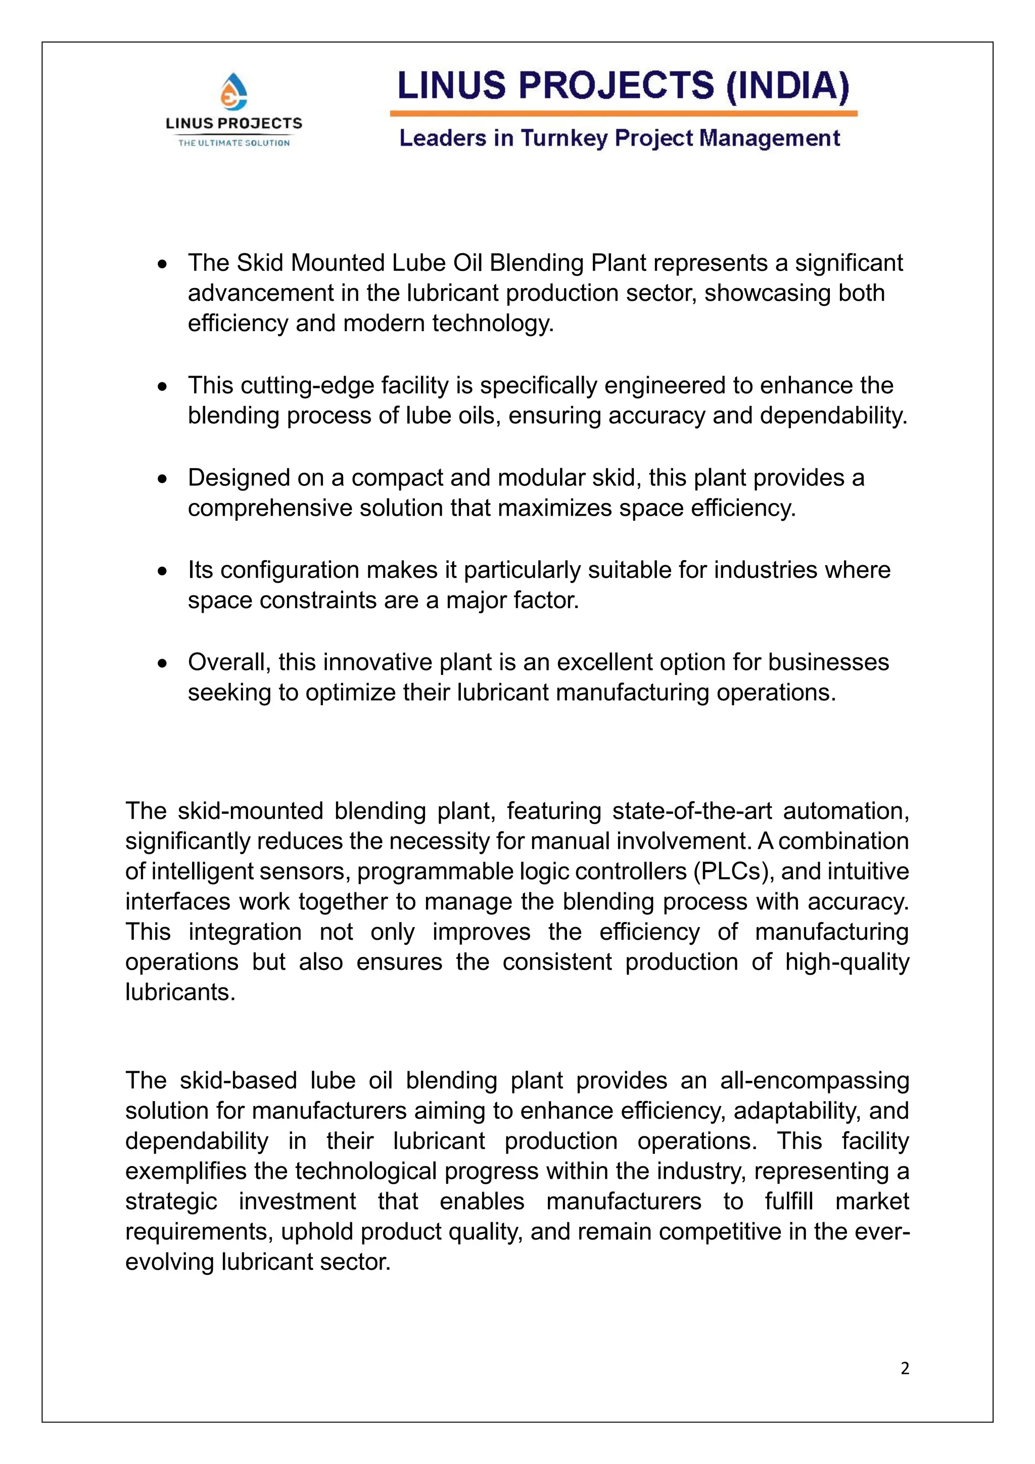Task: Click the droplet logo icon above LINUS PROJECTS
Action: point(234,90)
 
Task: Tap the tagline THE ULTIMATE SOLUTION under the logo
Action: point(234,143)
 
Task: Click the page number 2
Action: point(904,1368)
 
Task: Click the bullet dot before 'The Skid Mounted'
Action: point(163,264)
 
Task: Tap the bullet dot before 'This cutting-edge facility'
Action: point(163,386)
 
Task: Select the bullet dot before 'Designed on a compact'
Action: point(163,479)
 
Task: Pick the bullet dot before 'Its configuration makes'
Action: point(163,571)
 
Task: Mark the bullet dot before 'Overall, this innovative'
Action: point(163,664)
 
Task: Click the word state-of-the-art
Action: point(691,811)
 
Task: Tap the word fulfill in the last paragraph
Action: point(789,1201)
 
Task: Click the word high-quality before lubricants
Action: point(847,962)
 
